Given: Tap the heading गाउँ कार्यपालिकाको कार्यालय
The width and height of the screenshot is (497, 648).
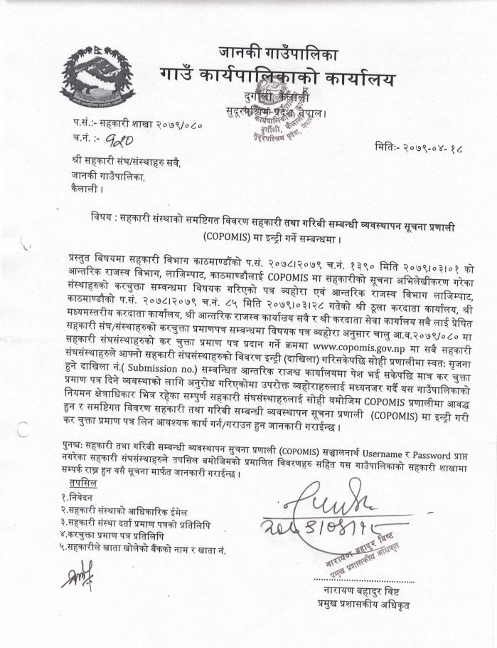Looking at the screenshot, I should [x=277, y=77].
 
